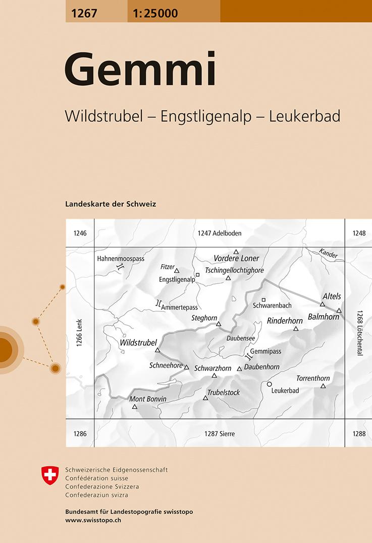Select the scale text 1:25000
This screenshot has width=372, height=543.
(x=155, y=14)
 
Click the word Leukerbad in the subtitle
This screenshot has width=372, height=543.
(x=304, y=116)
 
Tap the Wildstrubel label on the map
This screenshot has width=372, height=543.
(x=139, y=343)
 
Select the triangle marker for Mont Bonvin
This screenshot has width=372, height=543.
(x=135, y=406)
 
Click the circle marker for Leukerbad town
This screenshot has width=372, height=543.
(x=270, y=384)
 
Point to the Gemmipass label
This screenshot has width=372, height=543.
(x=265, y=351)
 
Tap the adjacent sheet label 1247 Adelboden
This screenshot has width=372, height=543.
(x=220, y=233)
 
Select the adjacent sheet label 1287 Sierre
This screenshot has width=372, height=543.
(x=220, y=434)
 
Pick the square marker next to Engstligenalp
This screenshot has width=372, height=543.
(x=197, y=275)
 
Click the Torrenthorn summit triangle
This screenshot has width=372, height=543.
(x=323, y=386)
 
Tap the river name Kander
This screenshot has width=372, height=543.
(x=328, y=254)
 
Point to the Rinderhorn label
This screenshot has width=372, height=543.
(x=285, y=321)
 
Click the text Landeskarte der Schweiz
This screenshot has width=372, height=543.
(x=111, y=204)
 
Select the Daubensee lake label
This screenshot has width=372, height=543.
(x=240, y=338)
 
